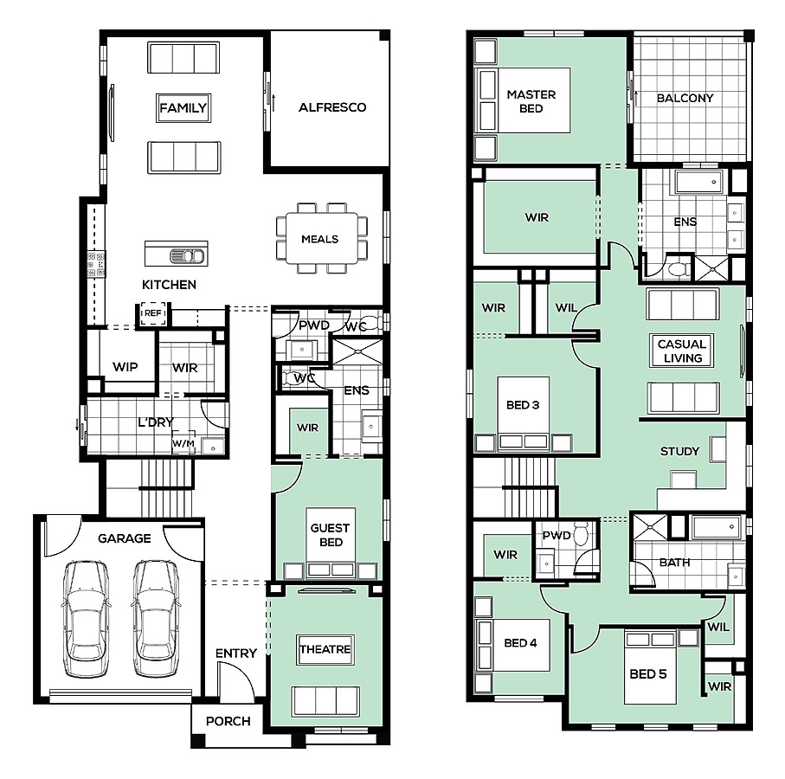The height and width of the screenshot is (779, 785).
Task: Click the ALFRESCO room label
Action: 332,107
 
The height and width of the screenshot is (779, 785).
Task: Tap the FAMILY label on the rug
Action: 183,107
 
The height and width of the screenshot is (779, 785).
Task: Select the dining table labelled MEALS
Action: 322,238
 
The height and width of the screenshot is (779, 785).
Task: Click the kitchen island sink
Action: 187,256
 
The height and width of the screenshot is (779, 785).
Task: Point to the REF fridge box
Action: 153,313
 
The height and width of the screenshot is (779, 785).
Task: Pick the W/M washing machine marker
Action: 183,443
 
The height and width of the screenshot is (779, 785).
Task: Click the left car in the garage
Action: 86,618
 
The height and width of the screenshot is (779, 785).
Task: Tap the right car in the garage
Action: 155,618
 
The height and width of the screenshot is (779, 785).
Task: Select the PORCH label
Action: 228,721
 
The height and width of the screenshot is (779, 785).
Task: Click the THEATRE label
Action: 325,649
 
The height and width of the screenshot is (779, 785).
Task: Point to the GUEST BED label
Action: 331,535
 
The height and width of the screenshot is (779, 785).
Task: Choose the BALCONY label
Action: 685,98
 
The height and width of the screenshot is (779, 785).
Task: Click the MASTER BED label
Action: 531,101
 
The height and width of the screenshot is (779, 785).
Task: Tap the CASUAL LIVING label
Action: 682,351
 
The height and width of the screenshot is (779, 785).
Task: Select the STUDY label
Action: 679,452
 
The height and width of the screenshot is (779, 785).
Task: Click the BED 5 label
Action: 648,674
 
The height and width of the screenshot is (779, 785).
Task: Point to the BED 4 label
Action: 520,643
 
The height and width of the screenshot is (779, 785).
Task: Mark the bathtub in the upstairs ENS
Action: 699,182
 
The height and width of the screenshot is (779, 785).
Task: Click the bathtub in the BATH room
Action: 716,526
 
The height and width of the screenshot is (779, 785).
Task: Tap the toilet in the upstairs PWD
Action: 581,534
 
